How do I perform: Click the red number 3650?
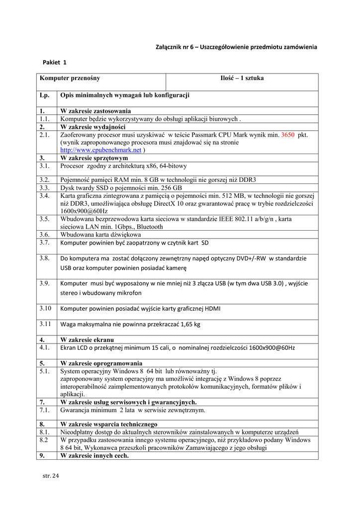[x=288, y=135]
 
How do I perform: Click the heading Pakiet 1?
[x=54, y=62]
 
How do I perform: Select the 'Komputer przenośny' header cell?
[x=70, y=78]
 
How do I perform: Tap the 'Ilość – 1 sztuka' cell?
[x=242, y=78]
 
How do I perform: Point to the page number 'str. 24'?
[x=51, y=476]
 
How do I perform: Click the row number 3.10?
[x=46, y=308]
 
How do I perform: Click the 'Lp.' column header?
[x=45, y=95]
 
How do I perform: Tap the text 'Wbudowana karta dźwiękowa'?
[x=101, y=235]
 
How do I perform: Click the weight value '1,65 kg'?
[x=189, y=325]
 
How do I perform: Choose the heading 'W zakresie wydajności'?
[x=93, y=127]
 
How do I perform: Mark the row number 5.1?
[x=45, y=371]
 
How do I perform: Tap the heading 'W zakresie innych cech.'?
[x=94, y=455]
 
